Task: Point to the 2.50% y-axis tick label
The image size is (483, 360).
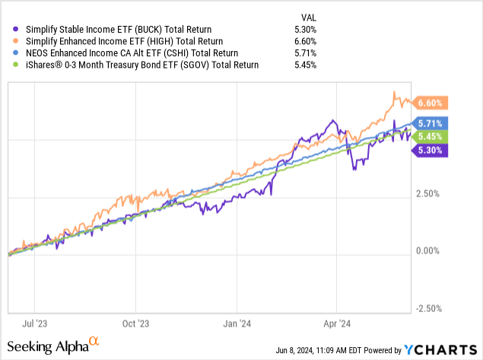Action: point(431,194)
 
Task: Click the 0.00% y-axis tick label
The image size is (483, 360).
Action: point(431,251)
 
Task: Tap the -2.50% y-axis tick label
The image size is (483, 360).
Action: point(429,308)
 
